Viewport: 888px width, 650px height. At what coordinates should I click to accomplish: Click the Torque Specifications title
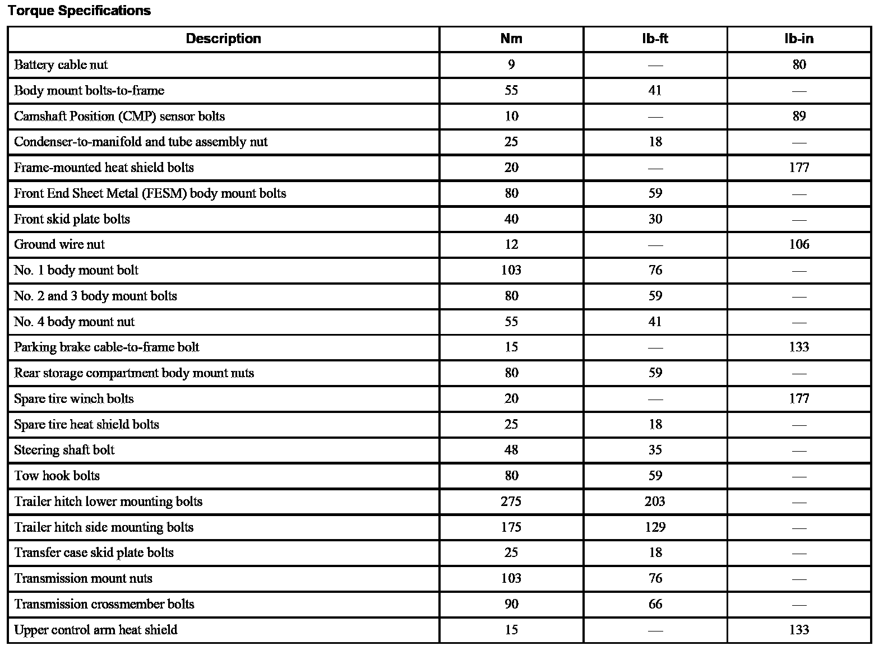79,11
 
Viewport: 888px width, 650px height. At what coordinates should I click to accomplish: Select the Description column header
223,39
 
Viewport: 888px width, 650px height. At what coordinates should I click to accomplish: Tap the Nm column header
511,39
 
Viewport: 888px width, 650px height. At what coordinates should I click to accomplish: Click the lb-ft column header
655,39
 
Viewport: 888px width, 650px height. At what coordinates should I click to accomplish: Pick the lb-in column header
799,39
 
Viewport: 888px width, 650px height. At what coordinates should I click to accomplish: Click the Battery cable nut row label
61,65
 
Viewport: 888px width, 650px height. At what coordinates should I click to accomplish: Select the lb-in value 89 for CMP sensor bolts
799,117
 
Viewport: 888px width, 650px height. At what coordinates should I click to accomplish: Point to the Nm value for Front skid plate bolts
511,219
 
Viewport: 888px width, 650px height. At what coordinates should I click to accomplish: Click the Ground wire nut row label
59,245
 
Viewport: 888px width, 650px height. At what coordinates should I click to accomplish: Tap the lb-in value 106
799,245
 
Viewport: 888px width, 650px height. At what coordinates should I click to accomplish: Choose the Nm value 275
511,502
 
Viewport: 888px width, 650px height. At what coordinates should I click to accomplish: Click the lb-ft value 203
655,502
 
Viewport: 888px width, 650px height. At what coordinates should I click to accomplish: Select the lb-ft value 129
655,527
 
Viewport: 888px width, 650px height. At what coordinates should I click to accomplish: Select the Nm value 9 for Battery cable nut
511,65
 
